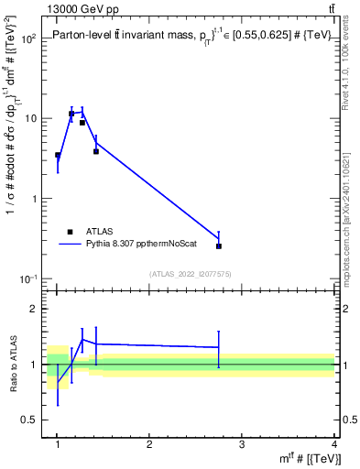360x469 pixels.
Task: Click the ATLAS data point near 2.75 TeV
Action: click(x=219, y=245)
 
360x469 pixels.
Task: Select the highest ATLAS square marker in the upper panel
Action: click(x=71, y=114)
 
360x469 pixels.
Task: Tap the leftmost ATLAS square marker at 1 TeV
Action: click(x=58, y=155)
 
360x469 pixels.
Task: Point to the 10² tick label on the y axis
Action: click(x=29, y=39)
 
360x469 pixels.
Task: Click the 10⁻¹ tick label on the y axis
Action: click(x=29, y=278)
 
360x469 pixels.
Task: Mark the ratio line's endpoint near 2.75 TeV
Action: click(x=219, y=347)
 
